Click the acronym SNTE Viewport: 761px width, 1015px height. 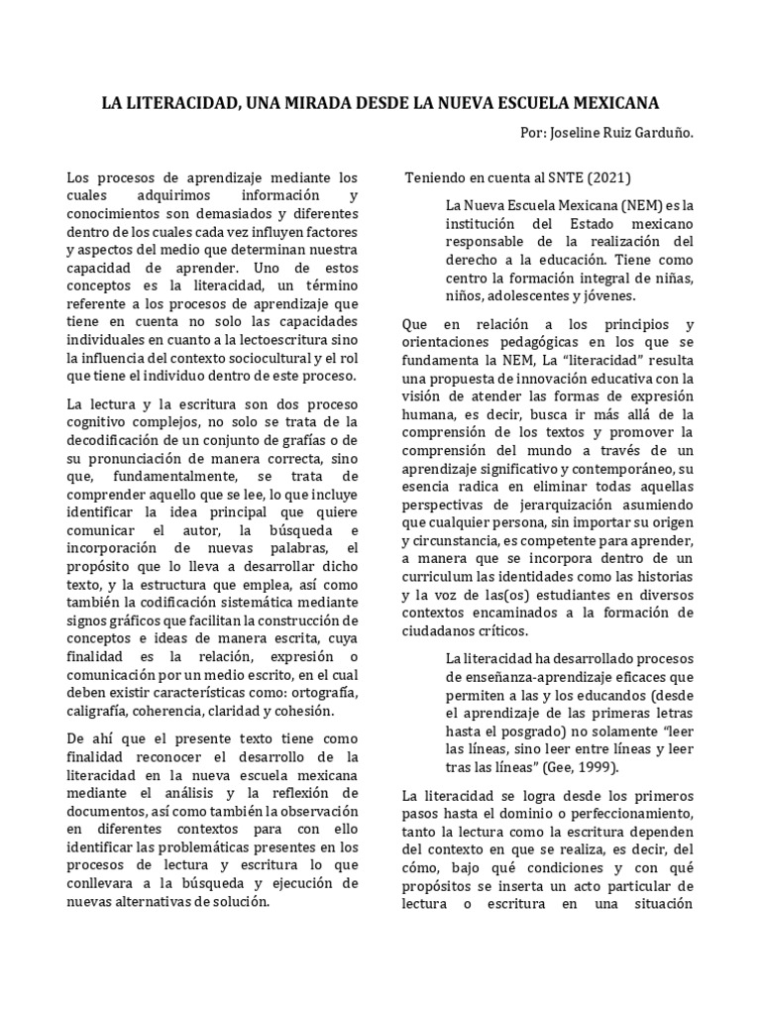coord(556,178)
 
